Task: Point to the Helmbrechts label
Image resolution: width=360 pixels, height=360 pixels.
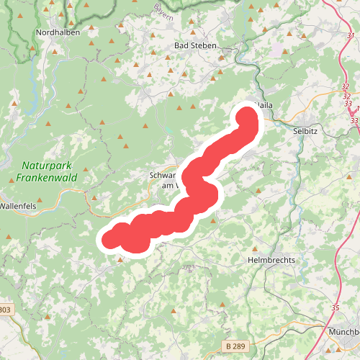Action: coord(271,260)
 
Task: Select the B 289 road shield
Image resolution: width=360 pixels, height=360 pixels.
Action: coord(235,346)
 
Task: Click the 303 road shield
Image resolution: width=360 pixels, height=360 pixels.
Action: coord(5,310)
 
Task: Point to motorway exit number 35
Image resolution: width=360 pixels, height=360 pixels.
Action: coord(335,308)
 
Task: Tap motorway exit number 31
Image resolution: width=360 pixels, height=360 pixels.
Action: coord(351,35)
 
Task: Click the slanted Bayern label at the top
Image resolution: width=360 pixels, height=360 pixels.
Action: coord(163,9)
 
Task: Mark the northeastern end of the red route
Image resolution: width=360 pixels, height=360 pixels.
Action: coord(247,116)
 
